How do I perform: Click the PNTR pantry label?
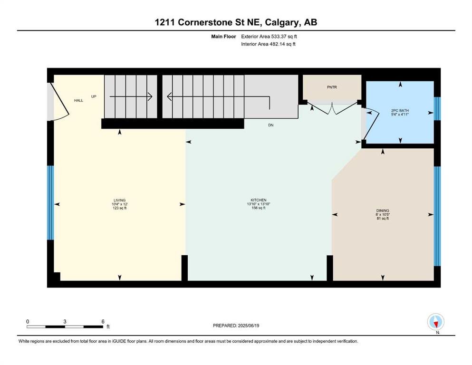[332, 87]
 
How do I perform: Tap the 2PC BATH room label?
[400, 111]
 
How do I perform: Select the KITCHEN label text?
[258, 200]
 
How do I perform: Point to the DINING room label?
[383, 211]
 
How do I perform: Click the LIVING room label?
[119, 201]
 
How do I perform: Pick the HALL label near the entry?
[78, 100]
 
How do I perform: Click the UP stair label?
[94, 96]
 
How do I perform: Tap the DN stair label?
[270, 125]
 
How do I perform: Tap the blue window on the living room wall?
[50, 203]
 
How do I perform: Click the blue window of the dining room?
[437, 216]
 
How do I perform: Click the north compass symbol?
[436, 322]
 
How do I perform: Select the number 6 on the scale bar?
[103, 321]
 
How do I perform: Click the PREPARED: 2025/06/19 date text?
[236, 326]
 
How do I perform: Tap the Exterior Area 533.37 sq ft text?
[269, 37]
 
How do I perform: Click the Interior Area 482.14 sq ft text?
[268, 44]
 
